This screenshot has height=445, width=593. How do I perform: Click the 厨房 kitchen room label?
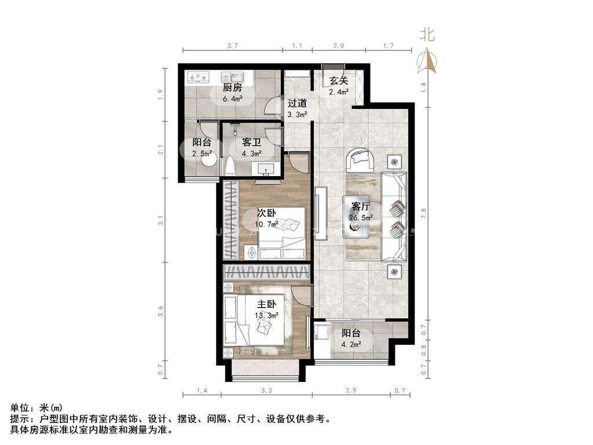pyautogui.click(x=232, y=88)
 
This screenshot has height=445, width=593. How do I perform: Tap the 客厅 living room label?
pyautogui.click(x=361, y=206)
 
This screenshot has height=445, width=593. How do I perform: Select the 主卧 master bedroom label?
pyautogui.click(x=267, y=304)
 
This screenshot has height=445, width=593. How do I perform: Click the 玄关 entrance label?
pyautogui.click(x=339, y=81)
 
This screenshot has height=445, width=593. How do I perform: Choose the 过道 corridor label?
pyautogui.click(x=297, y=103)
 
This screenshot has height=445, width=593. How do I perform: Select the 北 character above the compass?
pyautogui.click(x=427, y=35)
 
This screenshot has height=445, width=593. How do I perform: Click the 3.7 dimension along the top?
pyautogui.click(x=232, y=45)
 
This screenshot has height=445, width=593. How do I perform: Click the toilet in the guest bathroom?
pyautogui.click(x=230, y=166)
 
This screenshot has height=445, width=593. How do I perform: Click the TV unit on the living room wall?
pyautogui.click(x=319, y=213)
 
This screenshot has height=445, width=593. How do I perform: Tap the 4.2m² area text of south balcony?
pyautogui.click(x=352, y=344)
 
